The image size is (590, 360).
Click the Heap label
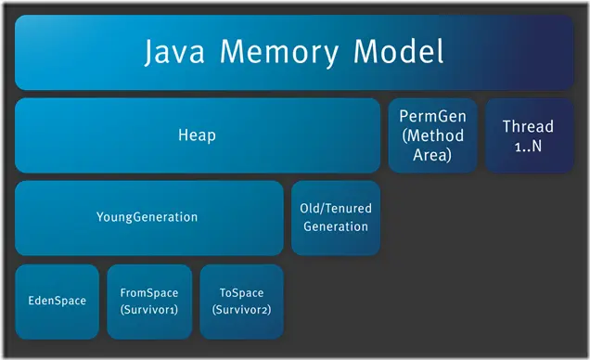coord(197,135)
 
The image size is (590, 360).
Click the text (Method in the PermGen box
coord(431,136)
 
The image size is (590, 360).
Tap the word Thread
coord(528,126)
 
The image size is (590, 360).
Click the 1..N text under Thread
coord(528,145)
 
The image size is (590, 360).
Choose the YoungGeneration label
coord(147,217)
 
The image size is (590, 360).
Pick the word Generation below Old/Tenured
coord(335,225)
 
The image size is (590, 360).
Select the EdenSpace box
coord(57,301)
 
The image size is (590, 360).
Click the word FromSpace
coord(149,292)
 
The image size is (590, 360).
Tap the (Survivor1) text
coord(149,309)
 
